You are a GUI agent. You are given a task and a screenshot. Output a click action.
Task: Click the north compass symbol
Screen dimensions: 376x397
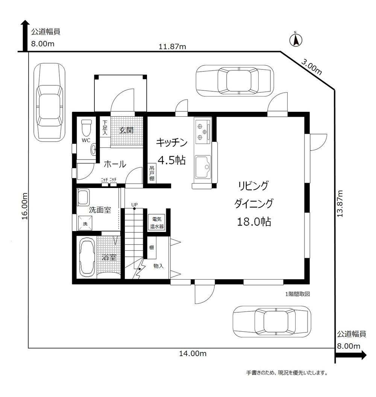tap(296, 39)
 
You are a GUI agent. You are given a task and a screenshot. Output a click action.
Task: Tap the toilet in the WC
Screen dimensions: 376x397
tap(86, 128)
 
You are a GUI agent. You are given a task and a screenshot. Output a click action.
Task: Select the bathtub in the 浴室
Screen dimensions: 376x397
tap(87, 257)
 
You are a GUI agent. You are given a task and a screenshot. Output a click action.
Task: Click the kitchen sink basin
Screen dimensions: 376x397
tap(203, 166)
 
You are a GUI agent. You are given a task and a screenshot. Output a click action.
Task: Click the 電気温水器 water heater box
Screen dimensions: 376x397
tap(157, 223)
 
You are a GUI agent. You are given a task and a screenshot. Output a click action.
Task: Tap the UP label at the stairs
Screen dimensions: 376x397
tap(135, 205)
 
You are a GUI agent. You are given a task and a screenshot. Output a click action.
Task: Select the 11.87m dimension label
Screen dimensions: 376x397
tap(172, 47)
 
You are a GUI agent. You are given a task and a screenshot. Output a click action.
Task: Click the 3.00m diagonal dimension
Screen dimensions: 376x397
tap(311, 66)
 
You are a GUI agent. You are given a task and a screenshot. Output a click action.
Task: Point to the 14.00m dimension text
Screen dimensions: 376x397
tap(193, 353)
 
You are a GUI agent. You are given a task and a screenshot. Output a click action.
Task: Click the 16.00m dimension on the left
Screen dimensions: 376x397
tap(24, 206)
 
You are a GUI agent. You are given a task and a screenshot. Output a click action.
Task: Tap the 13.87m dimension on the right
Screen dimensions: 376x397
tap(340, 203)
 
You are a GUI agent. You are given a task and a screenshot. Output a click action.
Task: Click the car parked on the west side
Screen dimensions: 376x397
tap(49, 102)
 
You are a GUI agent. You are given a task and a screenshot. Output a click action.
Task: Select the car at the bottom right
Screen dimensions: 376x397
tap(272, 322)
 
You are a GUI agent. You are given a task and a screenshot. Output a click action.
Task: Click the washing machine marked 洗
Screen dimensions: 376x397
tap(85, 223)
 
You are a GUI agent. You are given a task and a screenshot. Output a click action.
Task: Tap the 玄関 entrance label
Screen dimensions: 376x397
tap(126, 130)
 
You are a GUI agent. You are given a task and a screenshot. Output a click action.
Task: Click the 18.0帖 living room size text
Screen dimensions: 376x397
tap(254, 221)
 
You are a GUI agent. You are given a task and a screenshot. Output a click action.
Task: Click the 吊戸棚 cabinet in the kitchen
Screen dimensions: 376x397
tap(152, 173)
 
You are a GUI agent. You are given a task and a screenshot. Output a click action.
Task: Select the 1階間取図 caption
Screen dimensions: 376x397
tap(297, 294)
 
